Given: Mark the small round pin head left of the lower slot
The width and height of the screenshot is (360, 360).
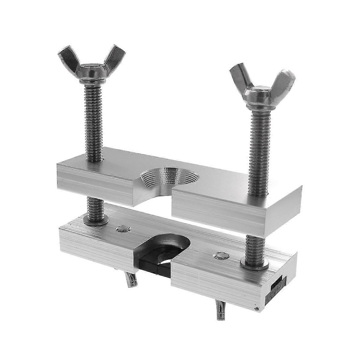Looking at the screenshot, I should [124, 229].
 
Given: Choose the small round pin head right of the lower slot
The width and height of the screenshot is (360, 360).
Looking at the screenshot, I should [221, 255].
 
